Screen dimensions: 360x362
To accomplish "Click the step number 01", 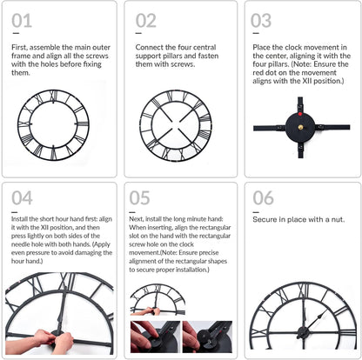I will (x=22, y=20).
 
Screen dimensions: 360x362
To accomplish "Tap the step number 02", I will (x=145, y=20).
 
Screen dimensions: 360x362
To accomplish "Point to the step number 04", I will (x=22, y=198).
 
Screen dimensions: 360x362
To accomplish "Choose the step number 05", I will (x=139, y=198).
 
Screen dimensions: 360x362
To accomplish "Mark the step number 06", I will (x=263, y=198).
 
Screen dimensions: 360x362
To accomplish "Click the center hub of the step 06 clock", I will (x=302, y=331).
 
